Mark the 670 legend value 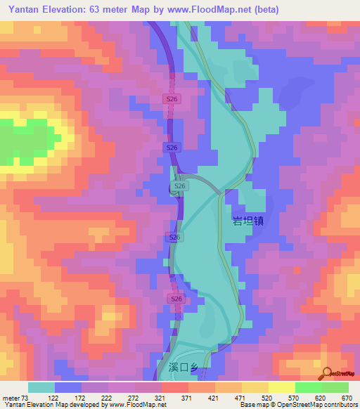347,397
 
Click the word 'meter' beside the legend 11,397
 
